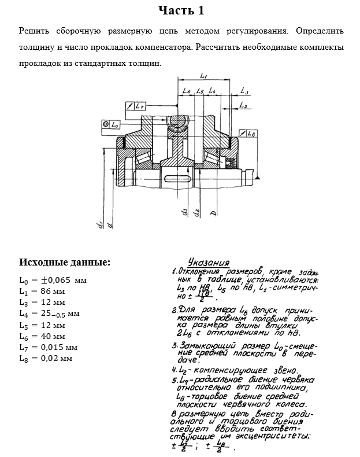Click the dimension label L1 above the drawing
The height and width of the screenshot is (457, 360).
(x=204, y=75)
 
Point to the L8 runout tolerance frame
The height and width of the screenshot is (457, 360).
(x=247, y=134)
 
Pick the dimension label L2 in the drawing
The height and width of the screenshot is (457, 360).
(x=243, y=106)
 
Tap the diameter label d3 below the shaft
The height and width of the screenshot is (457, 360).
(x=184, y=213)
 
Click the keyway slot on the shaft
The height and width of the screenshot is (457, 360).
(x=177, y=177)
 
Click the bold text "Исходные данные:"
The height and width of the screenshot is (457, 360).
(x=64, y=262)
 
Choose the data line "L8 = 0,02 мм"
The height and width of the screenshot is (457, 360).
(x=46, y=359)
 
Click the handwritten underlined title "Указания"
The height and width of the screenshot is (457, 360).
(x=209, y=261)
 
